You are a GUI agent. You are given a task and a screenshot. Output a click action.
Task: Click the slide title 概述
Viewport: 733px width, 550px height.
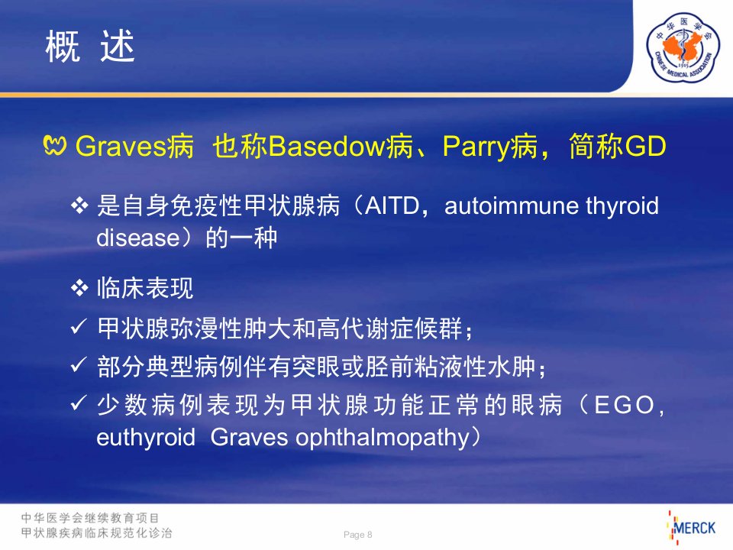[90, 46]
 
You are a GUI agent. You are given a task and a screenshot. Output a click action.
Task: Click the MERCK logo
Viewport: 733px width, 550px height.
[692, 528]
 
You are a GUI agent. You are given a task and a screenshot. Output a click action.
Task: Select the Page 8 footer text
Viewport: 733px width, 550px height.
[357, 535]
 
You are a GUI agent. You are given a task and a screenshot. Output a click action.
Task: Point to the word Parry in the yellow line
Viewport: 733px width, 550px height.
[476, 147]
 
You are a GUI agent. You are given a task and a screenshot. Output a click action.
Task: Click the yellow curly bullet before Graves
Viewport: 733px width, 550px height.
[55, 145]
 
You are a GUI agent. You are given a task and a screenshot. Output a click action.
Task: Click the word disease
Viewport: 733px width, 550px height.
[138, 238]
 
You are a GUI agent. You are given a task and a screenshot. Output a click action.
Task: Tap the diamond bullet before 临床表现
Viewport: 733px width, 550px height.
[79, 288]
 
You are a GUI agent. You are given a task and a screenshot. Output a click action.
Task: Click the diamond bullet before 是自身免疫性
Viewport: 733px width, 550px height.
[79, 205]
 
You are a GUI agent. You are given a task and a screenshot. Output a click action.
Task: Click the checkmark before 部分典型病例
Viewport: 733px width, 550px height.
[79, 364]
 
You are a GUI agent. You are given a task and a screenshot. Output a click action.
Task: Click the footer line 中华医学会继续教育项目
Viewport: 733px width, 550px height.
[90, 518]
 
